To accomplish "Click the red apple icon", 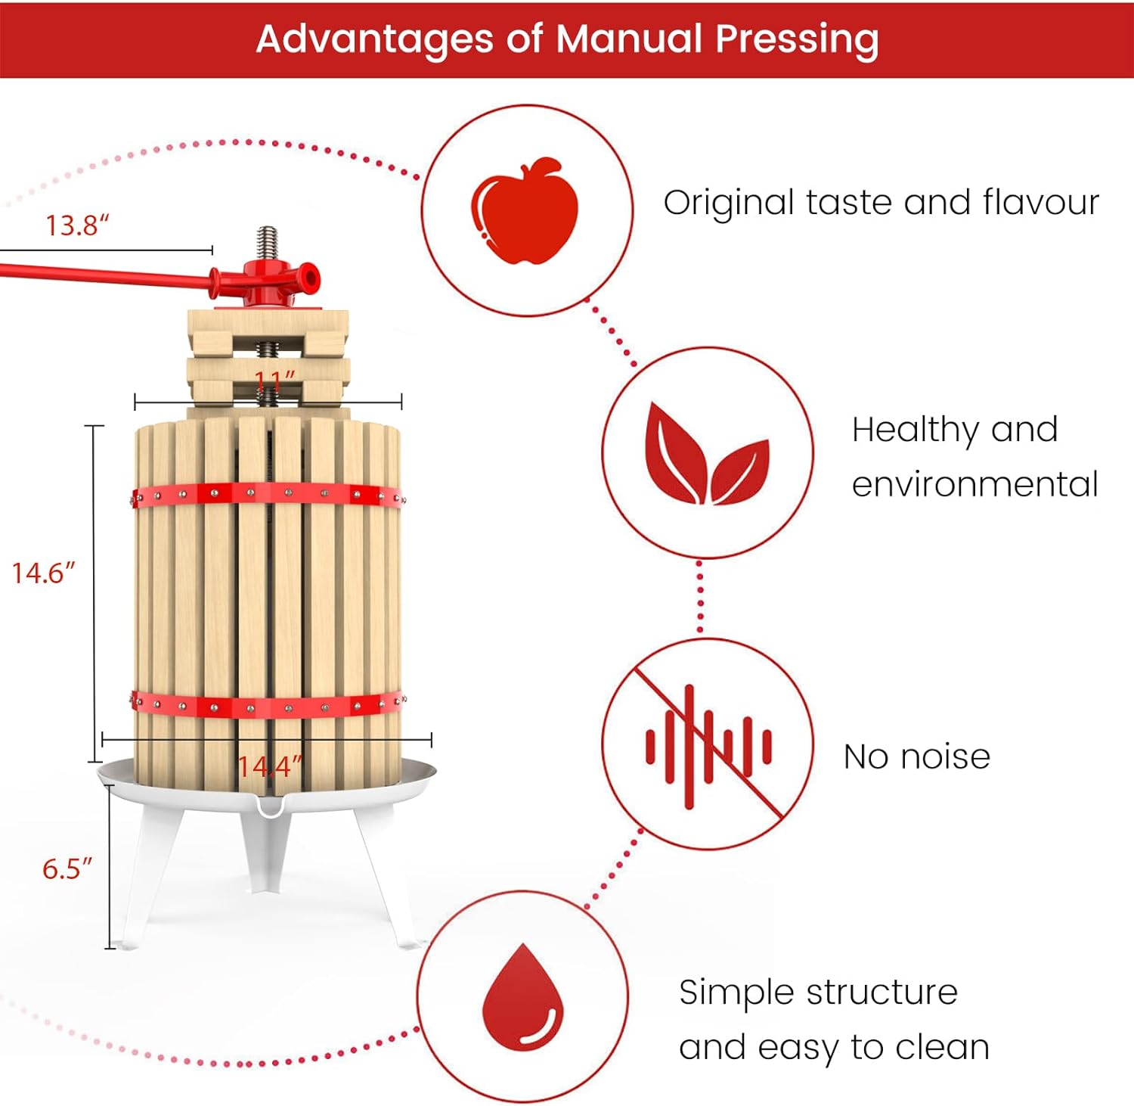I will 525,211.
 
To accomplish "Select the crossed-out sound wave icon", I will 708,745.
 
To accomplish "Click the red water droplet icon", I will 523,997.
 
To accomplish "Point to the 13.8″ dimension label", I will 77,225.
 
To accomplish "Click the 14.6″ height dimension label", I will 44,573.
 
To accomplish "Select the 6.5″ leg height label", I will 67,868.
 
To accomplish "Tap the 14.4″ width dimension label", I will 270,767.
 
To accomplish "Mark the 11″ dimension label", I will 274,380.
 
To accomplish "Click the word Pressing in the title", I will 797,39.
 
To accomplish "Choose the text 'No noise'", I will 916,756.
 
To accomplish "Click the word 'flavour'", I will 1041,203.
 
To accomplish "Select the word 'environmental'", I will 974,484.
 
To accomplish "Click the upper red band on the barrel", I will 268,494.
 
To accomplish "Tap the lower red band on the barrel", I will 268,705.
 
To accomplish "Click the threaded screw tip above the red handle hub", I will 267,242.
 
